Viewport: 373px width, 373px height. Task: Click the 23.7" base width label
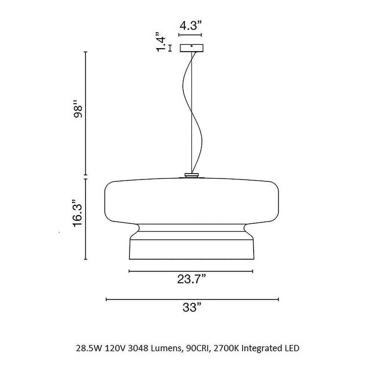pyautogui.click(x=191, y=279)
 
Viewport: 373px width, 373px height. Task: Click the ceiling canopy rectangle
pyautogui.click(x=192, y=48)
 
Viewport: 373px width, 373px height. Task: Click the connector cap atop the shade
pyautogui.click(x=192, y=175)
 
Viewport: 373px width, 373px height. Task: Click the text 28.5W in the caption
pyautogui.click(x=85, y=349)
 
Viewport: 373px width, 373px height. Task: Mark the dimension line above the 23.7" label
pyautogui.click(x=191, y=271)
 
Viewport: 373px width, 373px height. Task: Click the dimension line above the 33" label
pyautogui.click(x=192, y=299)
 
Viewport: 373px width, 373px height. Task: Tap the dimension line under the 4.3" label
pyautogui.click(x=192, y=35)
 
